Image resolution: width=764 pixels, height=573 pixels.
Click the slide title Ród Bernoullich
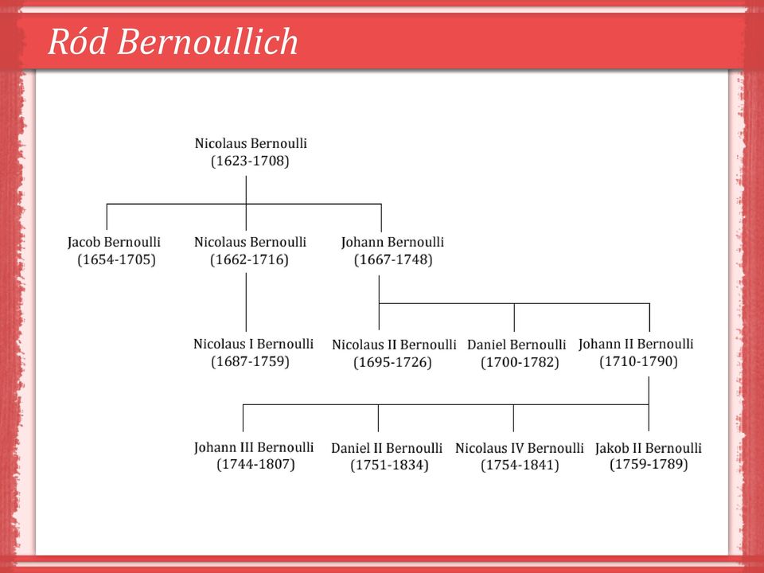(x=173, y=41)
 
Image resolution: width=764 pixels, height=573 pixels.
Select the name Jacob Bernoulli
(x=114, y=242)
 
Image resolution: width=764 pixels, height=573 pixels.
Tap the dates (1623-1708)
(x=250, y=162)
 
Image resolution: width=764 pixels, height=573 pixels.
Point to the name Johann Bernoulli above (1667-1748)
(x=392, y=242)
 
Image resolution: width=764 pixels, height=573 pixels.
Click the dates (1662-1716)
(x=249, y=259)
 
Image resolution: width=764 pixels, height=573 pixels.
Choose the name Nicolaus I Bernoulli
(x=253, y=344)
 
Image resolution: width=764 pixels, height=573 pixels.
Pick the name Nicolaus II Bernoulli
(x=394, y=345)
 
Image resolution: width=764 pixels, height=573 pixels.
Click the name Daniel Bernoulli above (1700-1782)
(x=516, y=345)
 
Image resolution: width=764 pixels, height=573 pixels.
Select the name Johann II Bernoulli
(x=636, y=344)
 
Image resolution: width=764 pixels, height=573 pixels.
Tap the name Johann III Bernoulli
(x=253, y=447)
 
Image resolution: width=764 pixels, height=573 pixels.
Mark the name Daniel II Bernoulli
(x=387, y=448)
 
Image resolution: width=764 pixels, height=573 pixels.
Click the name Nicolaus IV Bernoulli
(x=520, y=448)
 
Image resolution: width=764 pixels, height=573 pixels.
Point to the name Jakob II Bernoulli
(x=649, y=448)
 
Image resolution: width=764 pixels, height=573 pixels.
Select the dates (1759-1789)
(x=649, y=464)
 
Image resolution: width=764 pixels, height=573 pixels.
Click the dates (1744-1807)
(x=255, y=464)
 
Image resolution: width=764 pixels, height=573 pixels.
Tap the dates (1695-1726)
(x=392, y=363)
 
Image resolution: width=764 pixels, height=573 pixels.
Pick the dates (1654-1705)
(x=116, y=259)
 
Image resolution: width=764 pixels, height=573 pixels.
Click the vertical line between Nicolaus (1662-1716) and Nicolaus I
(x=246, y=302)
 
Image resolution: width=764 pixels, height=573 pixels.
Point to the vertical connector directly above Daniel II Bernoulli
(x=378, y=418)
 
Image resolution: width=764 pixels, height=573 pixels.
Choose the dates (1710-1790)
(x=638, y=362)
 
